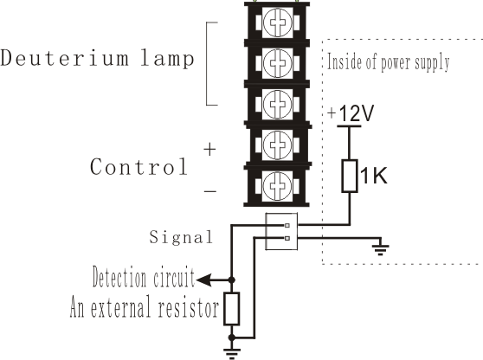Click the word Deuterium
[x=64, y=58]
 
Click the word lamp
[x=168, y=59]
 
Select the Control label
[x=138, y=167]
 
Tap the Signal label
[x=181, y=237]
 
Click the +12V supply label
[x=351, y=113]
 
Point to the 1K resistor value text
[x=373, y=176]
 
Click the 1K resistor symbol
[x=350, y=176]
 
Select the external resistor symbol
[x=232, y=309]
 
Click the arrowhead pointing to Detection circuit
[x=203, y=280]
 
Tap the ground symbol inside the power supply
[x=380, y=249]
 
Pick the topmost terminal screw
[x=278, y=22]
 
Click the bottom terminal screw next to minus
[x=277, y=186]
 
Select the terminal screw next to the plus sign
[x=277, y=145]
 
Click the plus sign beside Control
[x=209, y=150]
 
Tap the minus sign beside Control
[x=210, y=191]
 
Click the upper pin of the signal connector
[x=287, y=225]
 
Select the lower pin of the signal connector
[x=287, y=238]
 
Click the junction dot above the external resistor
[x=232, y=280]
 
